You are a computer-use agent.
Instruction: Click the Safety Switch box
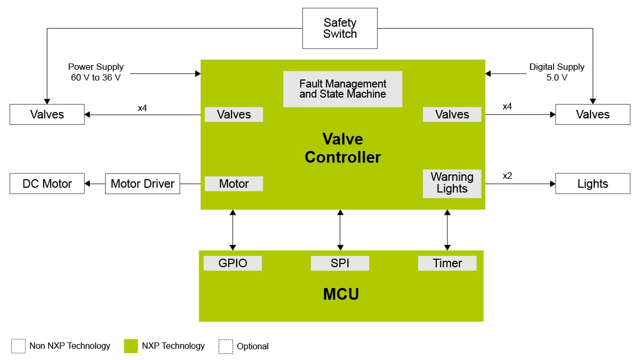(340, 28)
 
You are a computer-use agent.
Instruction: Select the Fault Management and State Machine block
(342, 89)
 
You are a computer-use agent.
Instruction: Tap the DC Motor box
(47, 183)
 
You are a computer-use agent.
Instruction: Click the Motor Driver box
(142, 183)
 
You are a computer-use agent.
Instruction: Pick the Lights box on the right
(593, 183)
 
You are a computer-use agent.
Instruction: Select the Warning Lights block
(452, 183)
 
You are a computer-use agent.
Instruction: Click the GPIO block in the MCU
(233, 263)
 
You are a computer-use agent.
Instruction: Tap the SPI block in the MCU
(340, 263)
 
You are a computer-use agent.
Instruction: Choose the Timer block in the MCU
(447, 263)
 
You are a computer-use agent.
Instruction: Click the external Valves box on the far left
(47, 114)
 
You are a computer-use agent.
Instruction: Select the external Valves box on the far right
(593, 114)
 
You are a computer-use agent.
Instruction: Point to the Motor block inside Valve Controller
(234, 183)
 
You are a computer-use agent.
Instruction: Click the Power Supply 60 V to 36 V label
(96, 72)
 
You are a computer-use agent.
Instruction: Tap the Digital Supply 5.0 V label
(556, 72)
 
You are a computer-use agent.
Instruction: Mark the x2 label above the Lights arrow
(507, 175)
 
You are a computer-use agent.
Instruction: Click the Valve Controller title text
(342, 148)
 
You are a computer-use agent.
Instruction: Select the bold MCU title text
(341, 294)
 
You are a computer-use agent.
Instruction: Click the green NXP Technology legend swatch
(131, 346)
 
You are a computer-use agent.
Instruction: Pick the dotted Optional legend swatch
(226, 346)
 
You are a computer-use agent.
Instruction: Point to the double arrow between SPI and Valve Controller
(340, 230)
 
